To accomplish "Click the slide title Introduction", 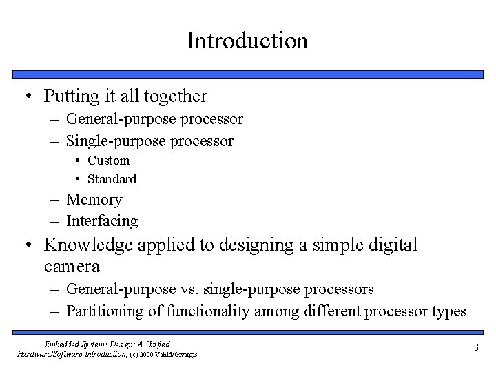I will [247, 40].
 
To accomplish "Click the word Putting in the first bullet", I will [69, 95].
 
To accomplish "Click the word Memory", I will [94, 200].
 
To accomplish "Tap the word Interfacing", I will [102, 221].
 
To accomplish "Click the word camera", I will [72, 266].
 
